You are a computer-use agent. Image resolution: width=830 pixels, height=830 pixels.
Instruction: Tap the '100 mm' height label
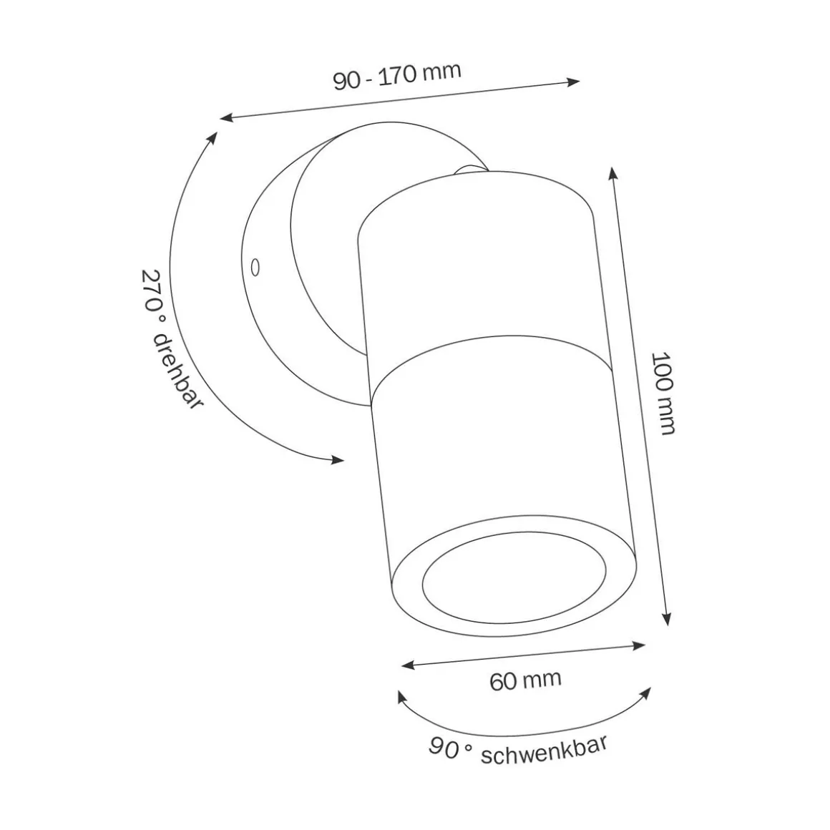pyautogui.click(x=663, y=393)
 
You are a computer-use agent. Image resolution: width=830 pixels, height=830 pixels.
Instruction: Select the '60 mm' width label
pyautogui.click(x=525, y=680)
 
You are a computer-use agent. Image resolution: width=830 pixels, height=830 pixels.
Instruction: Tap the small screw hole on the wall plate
pyautogui.click(x=254, y=267)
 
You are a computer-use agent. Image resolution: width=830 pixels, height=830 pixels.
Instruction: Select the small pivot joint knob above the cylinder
pyautogui.click(x=469, y=169)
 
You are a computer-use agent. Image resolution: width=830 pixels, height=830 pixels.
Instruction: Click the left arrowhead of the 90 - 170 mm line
pyautogui.click(x=225, y=117)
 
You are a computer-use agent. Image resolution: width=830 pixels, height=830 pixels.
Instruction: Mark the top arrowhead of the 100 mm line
pyautogui.click(x=612, y=172)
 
